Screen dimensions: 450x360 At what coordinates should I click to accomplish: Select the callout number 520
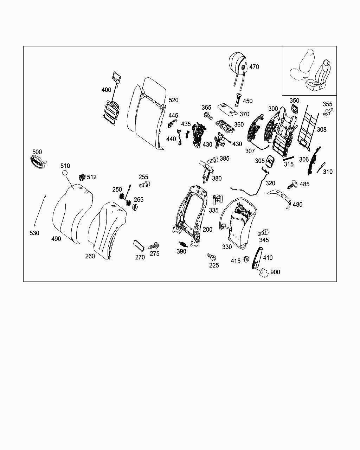[x=173, y=100]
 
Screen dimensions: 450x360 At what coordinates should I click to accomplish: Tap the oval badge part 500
[x=37, y=162]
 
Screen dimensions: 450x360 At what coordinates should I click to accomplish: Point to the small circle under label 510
[x=65, y=173]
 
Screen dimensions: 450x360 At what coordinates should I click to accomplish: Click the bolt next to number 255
[x=144, y=184]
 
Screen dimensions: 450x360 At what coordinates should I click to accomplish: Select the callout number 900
[x=275, y=272]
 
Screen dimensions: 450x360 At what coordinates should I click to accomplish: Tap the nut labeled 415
[x=246, y=259]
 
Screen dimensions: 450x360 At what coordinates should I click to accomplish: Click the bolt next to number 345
[x=263, y=232]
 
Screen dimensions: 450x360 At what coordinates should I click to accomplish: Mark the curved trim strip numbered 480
[x=281, y=197]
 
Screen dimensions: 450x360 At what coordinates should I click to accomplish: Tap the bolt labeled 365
[x=207, y=115]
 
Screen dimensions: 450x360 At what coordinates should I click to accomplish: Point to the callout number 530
[x=34, y=233]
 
